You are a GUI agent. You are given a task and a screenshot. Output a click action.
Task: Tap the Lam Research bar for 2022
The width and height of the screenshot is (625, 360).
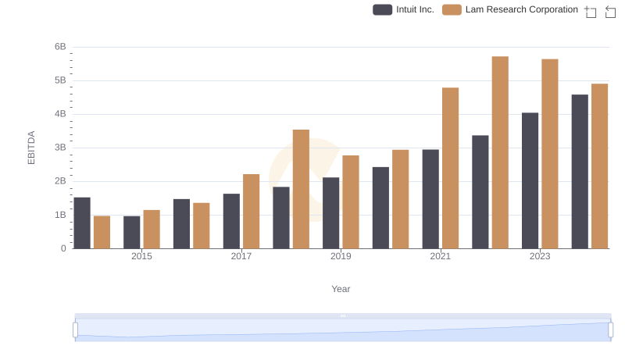(x=500, y=152)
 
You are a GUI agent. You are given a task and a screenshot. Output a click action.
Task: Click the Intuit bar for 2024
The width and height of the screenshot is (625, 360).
(x=580, y=172)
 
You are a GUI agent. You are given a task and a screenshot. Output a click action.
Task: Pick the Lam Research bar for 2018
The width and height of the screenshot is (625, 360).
(x=301, y=189)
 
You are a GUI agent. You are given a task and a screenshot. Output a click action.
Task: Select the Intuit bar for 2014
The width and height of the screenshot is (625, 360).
(x=82, y=223)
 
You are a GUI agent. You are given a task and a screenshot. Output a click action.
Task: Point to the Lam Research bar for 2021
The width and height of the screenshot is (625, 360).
(x=450, y=168)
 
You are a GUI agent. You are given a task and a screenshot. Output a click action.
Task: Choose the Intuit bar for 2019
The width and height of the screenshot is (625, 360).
(x=331, y=213)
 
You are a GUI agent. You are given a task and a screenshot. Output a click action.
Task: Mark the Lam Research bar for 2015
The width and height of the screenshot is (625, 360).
(x=152, y=229)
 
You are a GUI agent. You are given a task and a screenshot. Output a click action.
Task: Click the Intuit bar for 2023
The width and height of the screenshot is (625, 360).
(x=530, y=180)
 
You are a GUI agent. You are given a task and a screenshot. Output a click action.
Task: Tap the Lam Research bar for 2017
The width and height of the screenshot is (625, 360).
(x=251, y=211)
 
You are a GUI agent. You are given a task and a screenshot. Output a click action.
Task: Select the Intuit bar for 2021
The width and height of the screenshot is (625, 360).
(x=430, y=199)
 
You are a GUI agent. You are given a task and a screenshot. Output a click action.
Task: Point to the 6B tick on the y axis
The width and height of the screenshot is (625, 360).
(x=60, y=47)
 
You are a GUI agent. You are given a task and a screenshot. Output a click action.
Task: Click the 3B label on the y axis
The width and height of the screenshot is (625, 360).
(x=60, y=148)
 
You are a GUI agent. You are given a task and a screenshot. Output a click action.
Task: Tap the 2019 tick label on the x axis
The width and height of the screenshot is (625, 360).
(x=341, y=256)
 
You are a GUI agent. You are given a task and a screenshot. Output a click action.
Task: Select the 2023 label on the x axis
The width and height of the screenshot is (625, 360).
(x=540, y=256)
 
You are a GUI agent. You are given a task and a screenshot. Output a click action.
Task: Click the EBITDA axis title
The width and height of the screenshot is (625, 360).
(x=31, y=148)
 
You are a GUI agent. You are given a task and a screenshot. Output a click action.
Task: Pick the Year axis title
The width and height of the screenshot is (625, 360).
(x=341, y=289)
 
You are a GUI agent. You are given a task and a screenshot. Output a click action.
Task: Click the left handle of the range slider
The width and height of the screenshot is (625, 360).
(x=76, y=330)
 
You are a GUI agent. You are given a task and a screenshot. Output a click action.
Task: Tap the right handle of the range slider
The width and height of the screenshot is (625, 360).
(x=611, y=330)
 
